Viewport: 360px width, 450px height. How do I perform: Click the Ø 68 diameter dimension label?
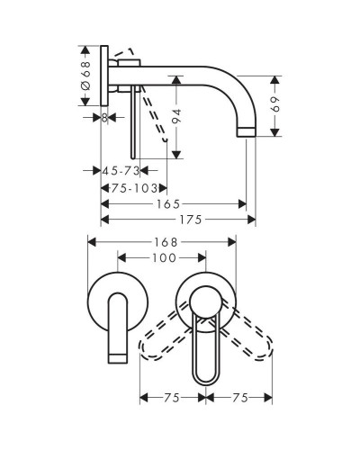pyautogui.click(x=85, y=76)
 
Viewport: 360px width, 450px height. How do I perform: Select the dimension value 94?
pyautogui.click(x=177, y=116)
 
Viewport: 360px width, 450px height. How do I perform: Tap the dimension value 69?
pyautogui.click(x=274, y=103)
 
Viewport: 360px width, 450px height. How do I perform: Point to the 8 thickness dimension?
pyautogui.click(x=104, y=118)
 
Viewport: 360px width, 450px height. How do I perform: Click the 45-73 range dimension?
pyautogui.click(x=121, y=171)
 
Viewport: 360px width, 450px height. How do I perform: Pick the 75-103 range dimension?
pyautogui.click(x=134, y=188)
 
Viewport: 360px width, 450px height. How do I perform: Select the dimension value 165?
pyautogui.click(x=168, y=204)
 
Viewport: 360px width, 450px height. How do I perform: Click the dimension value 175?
pyautogui.click(x=191, y=220)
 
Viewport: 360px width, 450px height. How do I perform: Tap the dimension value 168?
pyautogui.click(x=166, y=242)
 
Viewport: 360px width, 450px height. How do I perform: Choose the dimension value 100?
pyautogui.click(x=164, y=257)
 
